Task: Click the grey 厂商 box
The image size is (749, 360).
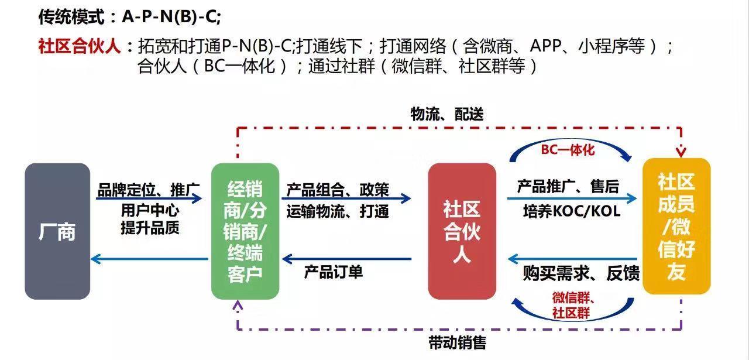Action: coord(57,231)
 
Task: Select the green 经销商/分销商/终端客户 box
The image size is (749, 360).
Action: coord(245,231)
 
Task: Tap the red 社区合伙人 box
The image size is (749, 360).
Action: coord(462,231)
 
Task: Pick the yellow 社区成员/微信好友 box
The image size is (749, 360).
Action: coord(676,226)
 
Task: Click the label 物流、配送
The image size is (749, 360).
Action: coord(447,114)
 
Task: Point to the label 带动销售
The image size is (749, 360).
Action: coord(457,343)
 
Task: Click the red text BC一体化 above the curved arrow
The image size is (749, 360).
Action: coord(568,149)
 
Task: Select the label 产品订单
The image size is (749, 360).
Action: coord(334,272)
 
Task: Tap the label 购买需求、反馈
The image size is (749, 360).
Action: coord(581,273)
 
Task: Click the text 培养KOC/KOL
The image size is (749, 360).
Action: coord(572,211)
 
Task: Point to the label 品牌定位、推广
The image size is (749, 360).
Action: coord(149,190)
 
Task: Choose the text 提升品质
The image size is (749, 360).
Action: coord(150,228)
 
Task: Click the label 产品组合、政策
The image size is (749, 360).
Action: coord(338,190)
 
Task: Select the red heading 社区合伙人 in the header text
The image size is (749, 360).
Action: coord(79,46)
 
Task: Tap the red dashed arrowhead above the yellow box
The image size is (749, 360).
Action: coord(681,153)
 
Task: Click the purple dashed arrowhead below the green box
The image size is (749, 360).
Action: coord(238,305)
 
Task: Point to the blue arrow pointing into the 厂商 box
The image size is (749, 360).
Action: coord(149,259)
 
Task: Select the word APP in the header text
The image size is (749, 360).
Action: coord(545,46)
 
